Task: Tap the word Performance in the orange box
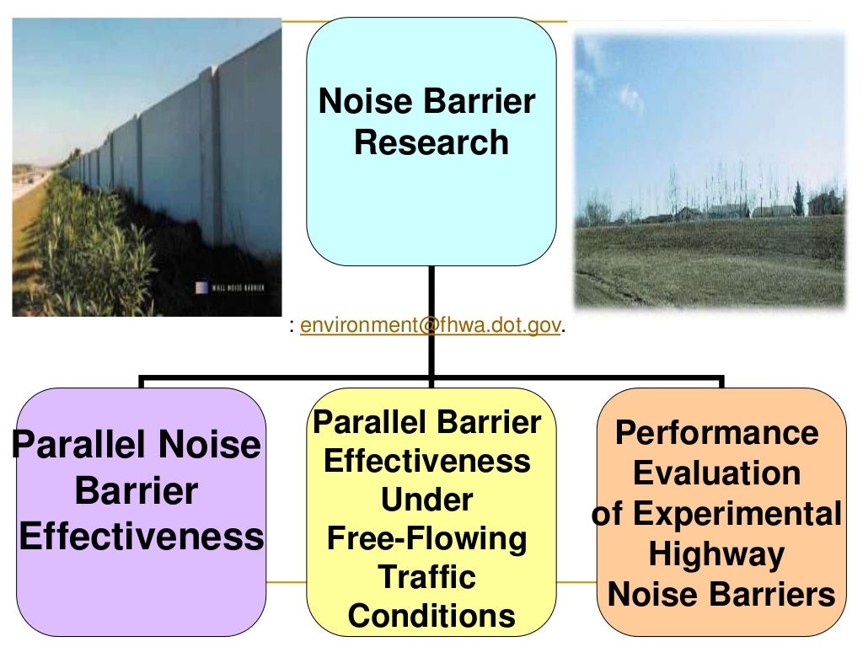click(716, 433)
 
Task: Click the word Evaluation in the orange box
click(716, 473)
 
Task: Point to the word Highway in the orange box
click(716, 555)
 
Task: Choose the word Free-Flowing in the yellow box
click(427, 537)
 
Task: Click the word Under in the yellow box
click(427, 500)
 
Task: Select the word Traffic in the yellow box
click(427, 577)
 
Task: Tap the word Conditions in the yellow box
click(431, 616)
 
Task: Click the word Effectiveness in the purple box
click(142, 537)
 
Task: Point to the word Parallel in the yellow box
click(367, 423)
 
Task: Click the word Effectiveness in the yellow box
click(427, 462)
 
